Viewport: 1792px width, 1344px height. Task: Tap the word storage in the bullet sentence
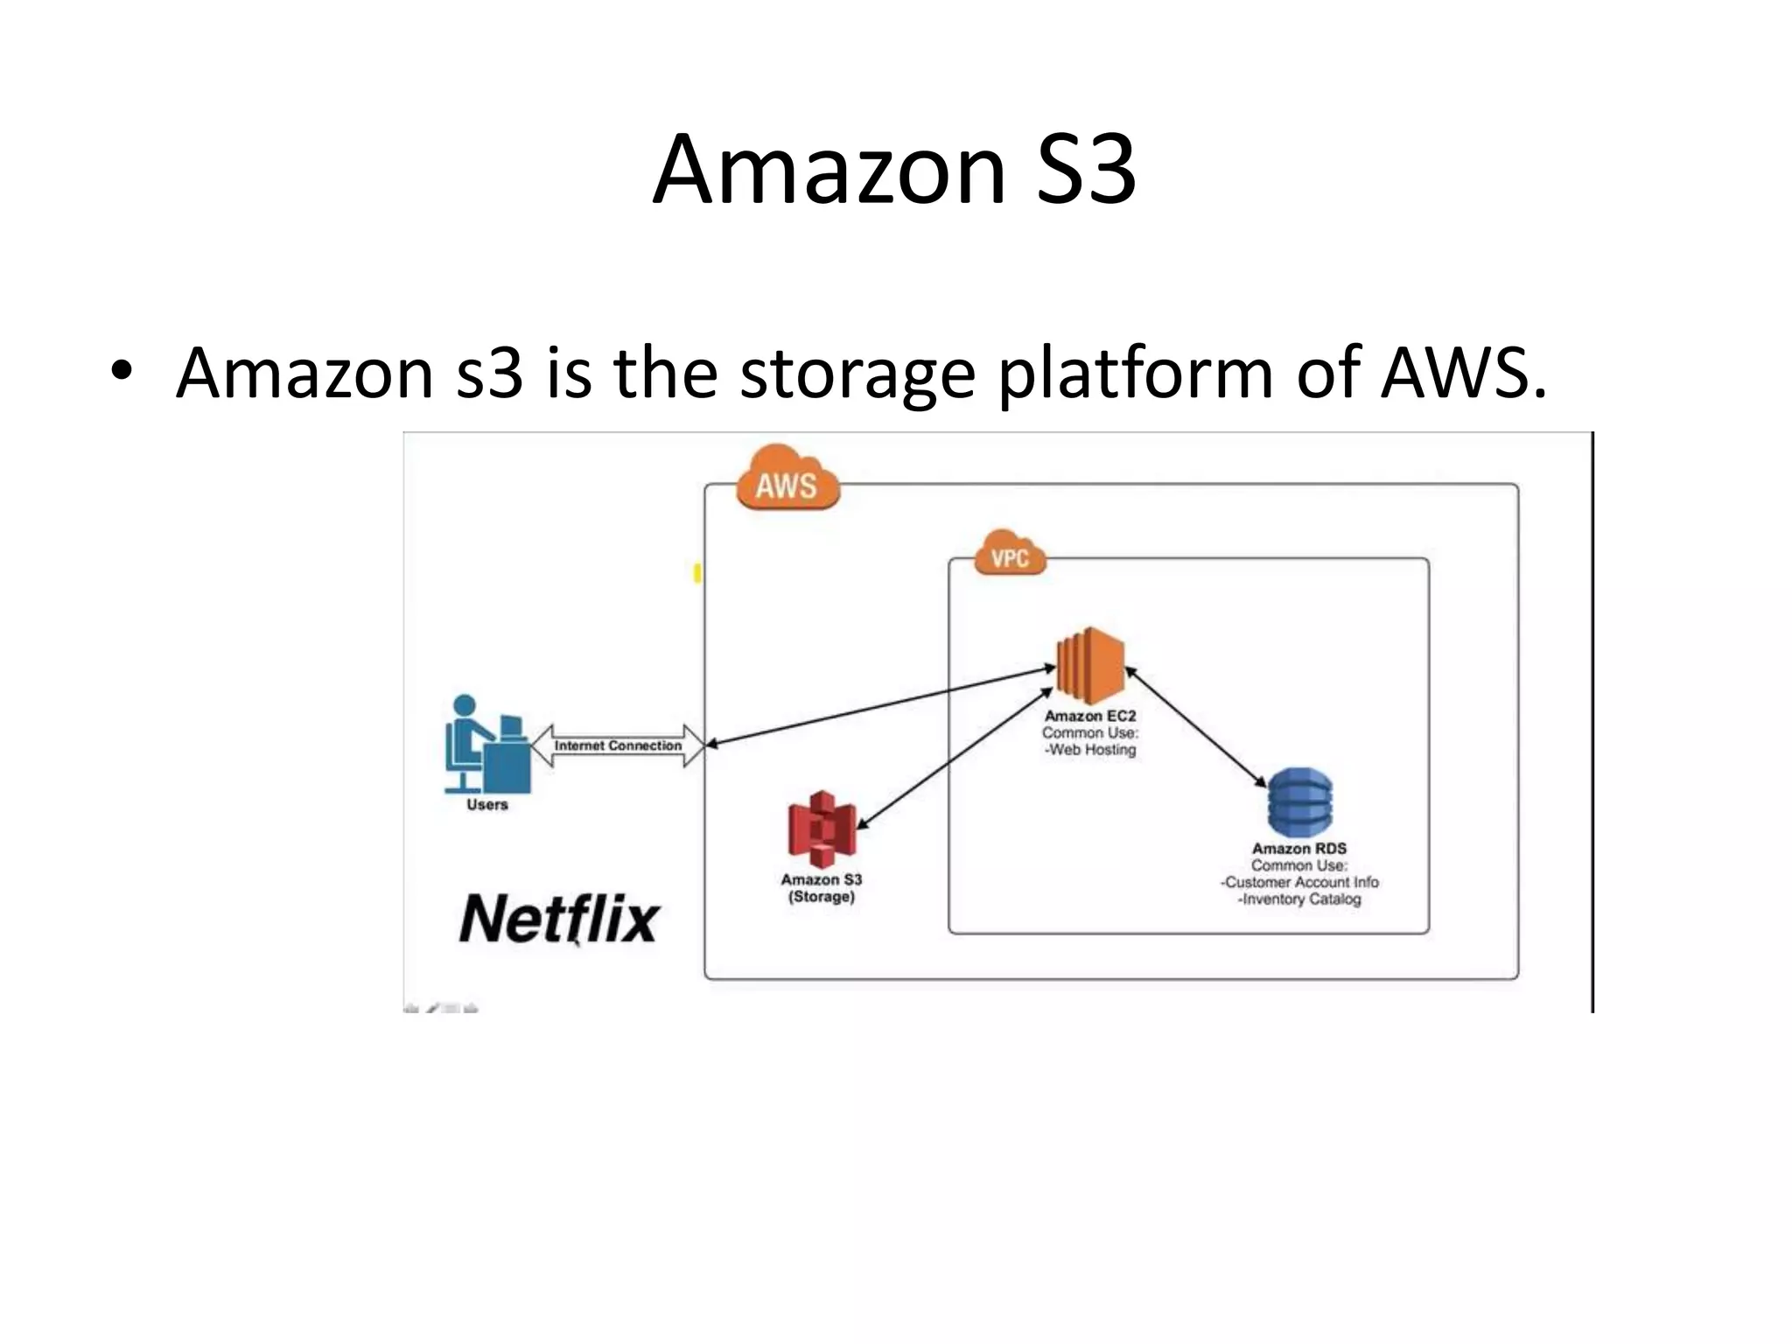857,374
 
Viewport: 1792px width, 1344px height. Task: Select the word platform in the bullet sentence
1135,374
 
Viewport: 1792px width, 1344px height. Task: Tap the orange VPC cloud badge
1010,555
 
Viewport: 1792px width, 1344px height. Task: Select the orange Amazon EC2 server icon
1090,665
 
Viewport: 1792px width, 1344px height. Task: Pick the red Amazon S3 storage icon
821,829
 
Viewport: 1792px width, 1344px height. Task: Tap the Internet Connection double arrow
618,745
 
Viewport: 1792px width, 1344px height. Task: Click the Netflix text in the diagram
558,919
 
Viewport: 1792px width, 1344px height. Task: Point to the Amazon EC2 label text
1090,716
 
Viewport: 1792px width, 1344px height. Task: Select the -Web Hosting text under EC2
1090,750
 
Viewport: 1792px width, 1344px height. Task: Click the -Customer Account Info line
1299,882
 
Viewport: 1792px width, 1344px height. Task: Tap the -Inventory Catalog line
1299,899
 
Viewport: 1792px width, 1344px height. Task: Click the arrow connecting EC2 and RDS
1195,727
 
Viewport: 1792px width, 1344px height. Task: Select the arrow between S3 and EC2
954,758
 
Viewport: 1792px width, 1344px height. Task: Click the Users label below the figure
486,805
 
